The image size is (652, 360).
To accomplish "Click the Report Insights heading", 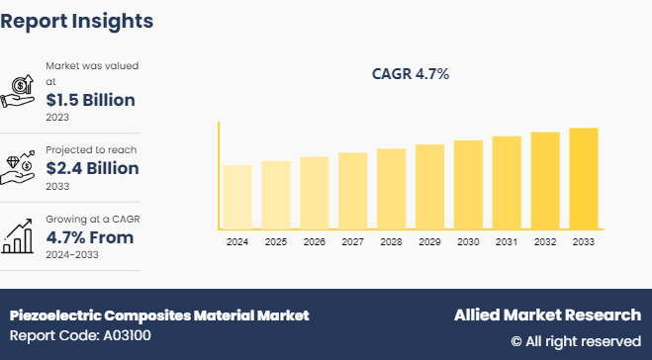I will pos(77,21).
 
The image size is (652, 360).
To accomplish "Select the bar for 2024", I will pos(237,197).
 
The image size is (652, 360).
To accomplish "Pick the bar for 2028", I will pos(391,189).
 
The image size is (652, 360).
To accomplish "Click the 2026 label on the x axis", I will pos(314,242).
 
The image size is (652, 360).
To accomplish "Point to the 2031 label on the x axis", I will pos(507,242).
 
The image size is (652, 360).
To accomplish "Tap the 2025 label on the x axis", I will pos(276,242).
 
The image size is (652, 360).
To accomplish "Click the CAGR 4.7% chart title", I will pos(410,73).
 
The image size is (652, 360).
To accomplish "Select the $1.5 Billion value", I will pos(90,100).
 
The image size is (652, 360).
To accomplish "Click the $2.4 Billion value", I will pos(92,168).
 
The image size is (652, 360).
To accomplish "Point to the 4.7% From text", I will pos(89,237).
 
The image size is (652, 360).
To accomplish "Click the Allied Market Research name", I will pos(547,315).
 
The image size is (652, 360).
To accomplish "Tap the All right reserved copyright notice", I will pos(575,341).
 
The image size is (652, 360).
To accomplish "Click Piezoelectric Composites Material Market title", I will pos(159,315).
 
